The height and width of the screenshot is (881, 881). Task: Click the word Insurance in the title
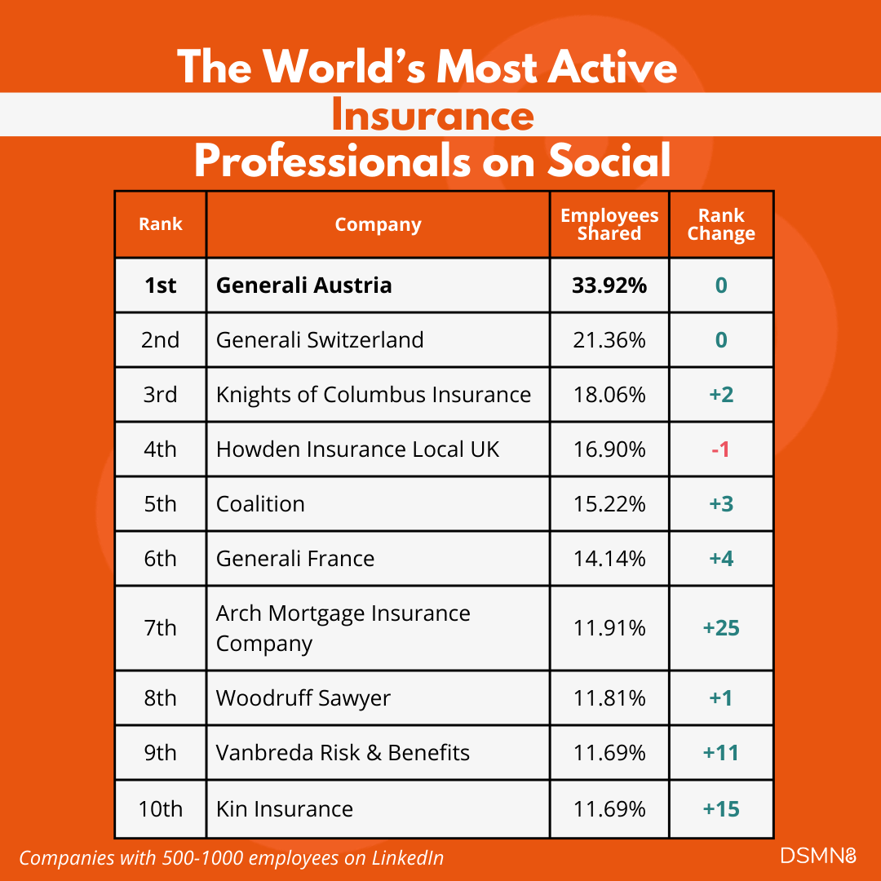tap(432, 115)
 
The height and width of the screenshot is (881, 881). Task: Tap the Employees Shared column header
tap(609, 224)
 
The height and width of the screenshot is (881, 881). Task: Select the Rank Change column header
tap(721, 224)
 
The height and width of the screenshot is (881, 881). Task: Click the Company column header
tap(378, 224)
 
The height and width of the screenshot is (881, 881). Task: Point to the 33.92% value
tap(609, 286)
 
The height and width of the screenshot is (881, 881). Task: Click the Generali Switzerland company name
tap(320, 339)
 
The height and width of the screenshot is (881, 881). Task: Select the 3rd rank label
tap(160, 394)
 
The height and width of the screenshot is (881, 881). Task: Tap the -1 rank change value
tap(720, 449)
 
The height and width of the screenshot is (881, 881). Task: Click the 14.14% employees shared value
tap(609, 558)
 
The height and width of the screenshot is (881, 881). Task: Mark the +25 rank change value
tap(720, 628)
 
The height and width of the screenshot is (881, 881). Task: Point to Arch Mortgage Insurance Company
tap(343, 628)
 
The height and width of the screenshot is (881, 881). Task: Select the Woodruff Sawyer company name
tap(303, 698)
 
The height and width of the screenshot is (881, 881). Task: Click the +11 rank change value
tap(720, 752)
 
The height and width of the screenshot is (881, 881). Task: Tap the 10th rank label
tap(160, 808)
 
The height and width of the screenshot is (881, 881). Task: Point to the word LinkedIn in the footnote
tap(409, 857)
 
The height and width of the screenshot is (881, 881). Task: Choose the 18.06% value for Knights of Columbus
tap(609, 394)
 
